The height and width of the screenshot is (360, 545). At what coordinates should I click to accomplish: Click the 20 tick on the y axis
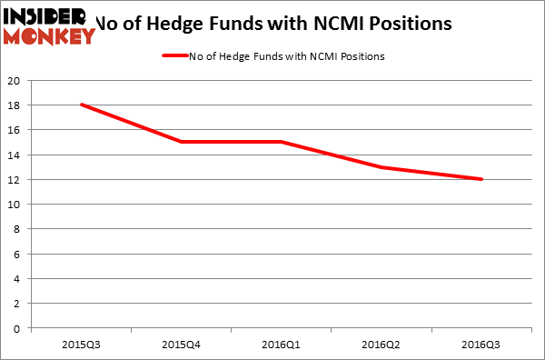15,80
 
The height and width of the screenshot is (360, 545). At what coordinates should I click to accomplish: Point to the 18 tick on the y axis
15,105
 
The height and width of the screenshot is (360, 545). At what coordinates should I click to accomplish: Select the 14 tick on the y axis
15,155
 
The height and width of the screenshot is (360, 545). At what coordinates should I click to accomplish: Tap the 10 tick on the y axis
15,204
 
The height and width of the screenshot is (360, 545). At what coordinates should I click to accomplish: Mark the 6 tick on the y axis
17,254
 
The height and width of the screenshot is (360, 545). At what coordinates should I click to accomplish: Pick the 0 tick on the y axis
17,328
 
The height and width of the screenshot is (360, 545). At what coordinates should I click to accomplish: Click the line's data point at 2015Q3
82,105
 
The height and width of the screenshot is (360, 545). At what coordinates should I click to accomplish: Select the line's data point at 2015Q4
182,142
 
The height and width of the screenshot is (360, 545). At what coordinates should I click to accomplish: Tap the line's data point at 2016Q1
282,142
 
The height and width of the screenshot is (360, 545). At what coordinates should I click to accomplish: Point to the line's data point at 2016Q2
381,167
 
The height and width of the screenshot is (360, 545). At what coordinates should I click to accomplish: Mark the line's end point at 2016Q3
481,179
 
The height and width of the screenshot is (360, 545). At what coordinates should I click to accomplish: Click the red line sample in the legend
173,56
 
